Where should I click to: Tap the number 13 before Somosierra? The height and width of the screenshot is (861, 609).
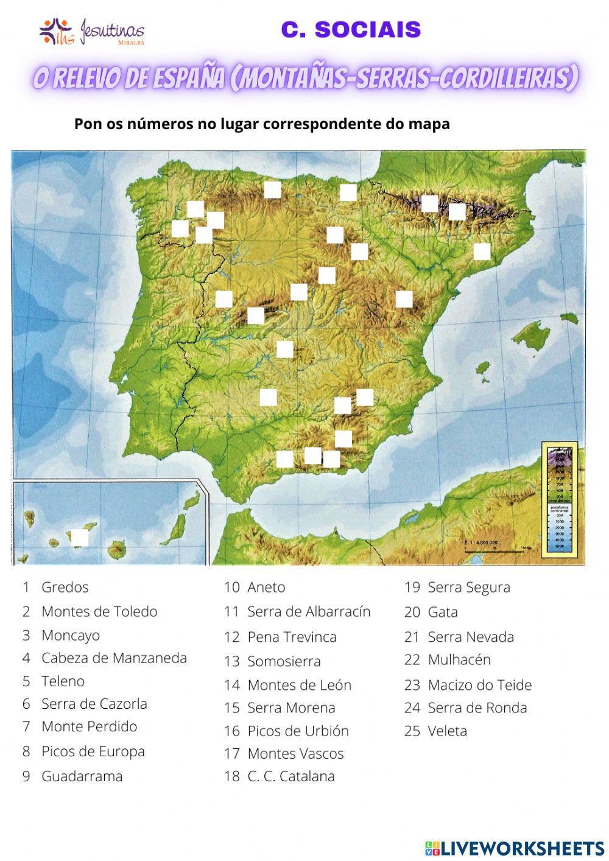click(x=231, y=661)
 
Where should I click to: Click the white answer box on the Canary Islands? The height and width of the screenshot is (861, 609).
click(x=80, y=538)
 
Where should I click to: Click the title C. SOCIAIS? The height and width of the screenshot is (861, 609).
click(x=351, y=29)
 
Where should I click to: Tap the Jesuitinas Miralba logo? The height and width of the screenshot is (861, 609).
click(x=91, y=32)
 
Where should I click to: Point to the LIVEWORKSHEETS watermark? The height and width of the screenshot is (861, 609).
click(x=514, y=848)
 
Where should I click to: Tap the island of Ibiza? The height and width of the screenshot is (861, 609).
click(x=482, y=368)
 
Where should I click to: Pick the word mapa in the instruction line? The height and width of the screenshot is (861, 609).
click(x=430, y=124)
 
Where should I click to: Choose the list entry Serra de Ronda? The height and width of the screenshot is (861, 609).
click(x=477, y=708)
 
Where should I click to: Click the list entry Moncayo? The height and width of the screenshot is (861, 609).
click(x=70, y=635)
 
